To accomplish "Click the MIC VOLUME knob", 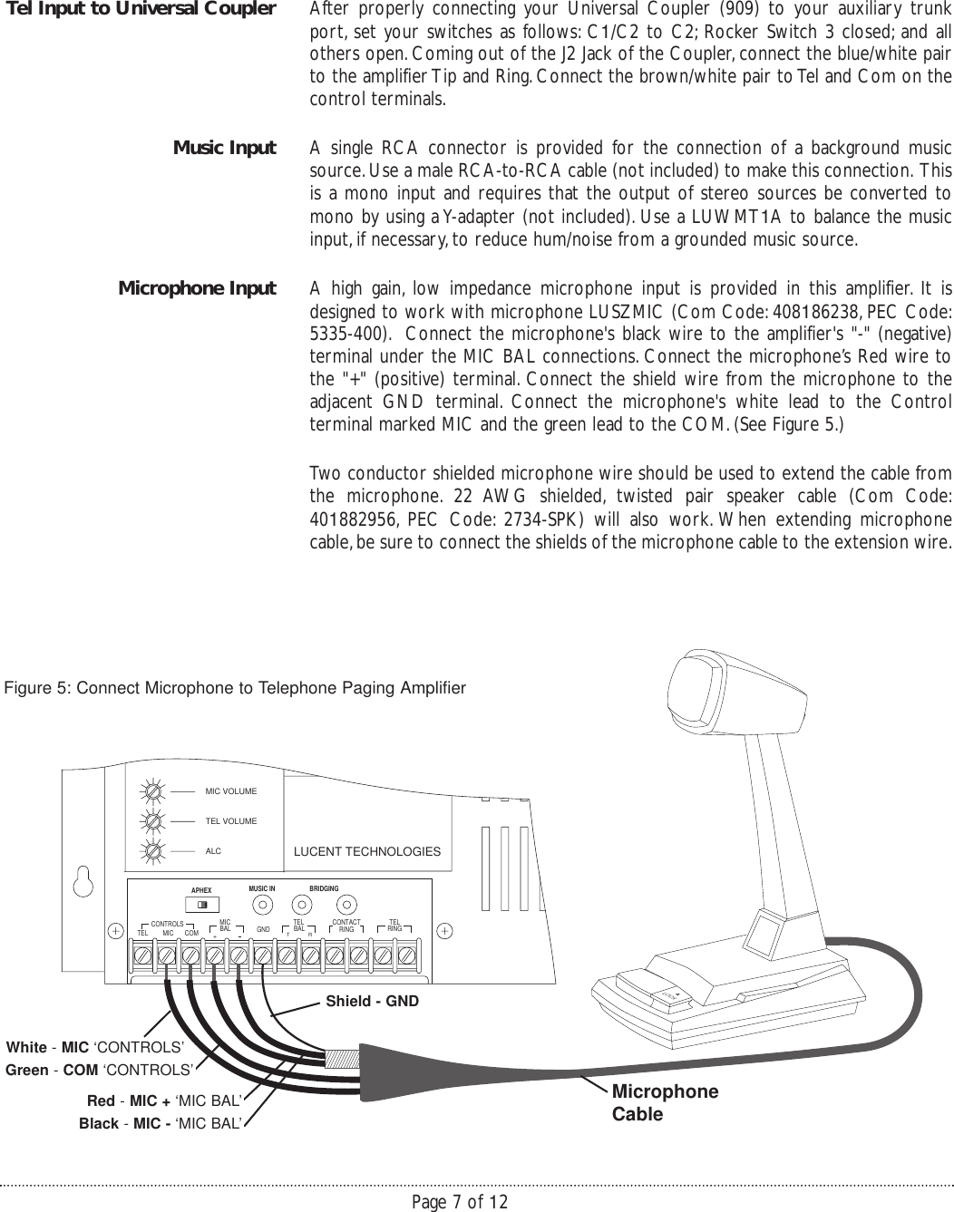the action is coord(155,791).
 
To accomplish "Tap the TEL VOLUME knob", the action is coord(155,821).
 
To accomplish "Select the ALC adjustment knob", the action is coord(155,851).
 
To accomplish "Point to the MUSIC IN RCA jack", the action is coord(262,905).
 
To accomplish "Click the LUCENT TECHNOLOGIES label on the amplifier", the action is coord(367,852).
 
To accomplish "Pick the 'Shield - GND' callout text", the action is coord(372,1002).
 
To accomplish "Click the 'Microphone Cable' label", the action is coord(665,1102).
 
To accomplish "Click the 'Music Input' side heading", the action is coord(224,148).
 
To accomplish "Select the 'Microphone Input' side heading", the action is coord(197,288).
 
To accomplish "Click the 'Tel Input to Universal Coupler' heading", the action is coord(140,10).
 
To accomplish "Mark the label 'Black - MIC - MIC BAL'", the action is coord(161,1124).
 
